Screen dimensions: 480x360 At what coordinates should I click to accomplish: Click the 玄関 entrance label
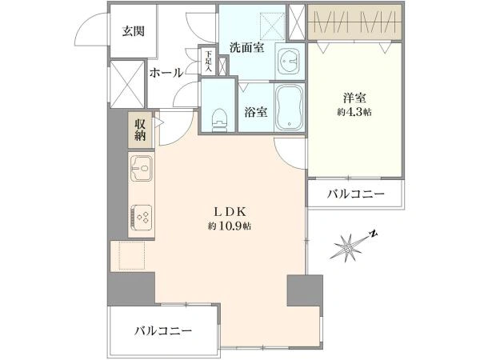[134, 31]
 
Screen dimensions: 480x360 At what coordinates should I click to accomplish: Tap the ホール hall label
[166, 73]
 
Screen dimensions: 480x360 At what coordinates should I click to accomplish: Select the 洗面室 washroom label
[246, 47]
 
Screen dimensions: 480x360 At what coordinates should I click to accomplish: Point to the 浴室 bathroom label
[256, 112]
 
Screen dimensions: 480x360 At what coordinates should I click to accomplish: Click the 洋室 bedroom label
[354, 98]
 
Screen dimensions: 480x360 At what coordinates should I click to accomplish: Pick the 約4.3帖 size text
[354, 112]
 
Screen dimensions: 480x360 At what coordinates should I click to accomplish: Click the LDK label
[230, 211]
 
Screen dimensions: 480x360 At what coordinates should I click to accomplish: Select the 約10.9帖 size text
[230, 226]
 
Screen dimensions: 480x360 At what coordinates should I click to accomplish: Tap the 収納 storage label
[140, 130]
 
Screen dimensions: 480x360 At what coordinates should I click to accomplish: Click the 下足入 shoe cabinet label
[209, 61]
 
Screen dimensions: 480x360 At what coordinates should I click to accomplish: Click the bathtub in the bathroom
[290, 107]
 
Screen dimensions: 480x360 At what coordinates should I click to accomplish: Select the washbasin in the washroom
[290, 62]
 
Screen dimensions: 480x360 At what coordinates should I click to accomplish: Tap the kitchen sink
[142, 168]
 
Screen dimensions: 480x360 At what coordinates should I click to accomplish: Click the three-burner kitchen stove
[142, 217]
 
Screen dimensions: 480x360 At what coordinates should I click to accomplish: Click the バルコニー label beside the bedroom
[356, 194]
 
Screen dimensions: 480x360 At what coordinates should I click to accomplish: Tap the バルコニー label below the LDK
[164, 331]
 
